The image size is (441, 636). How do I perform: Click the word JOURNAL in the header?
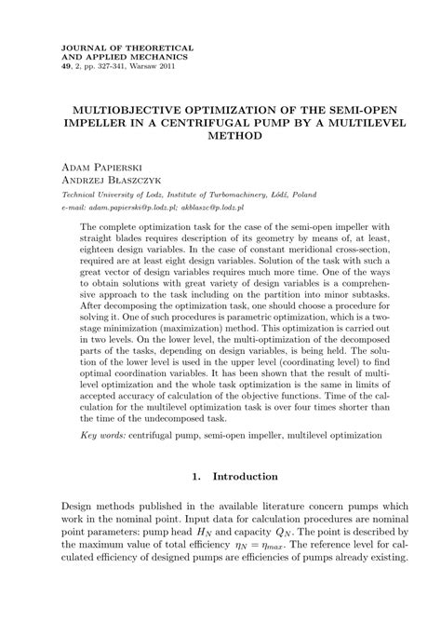(x=79, y=46)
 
